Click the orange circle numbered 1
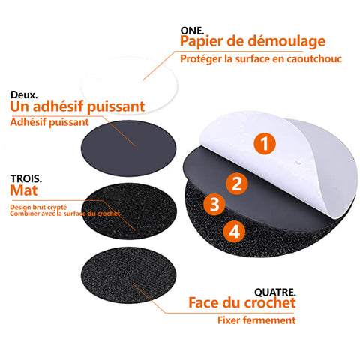pyautogui.click(x=265, y=144)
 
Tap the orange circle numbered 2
pyautogui.click(x=237, y=184)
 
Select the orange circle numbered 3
pyautogui.click(x=214, y=205)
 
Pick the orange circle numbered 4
pyautogui.click(x=234, y=232)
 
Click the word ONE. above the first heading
pyautogui.click(x=192, y=31)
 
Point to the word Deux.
pyautogui.click(x=24, y=95)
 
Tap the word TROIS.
pyautogui.click(x=26, y=179)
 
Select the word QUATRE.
pyautogui.click(x=275, y=292)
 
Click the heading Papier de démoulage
pyautogui.click(x=253, y=41)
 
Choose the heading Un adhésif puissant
pyautogui.click(x=77, y=106)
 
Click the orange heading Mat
pyautogui.click(x=24, y=190)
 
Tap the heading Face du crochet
pyautogui.click(x=242, y=302)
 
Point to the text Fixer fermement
pyautogui.click(x=256, y=320)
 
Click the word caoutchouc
pyautogui.click(x=314, y=59)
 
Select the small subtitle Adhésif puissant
pyautogui.click(x=49, y=122)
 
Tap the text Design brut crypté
pyautogui.click(x=38, y=207)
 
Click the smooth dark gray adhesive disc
pyautogui.click(x=128, y=148)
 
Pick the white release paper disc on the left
pyautogui.click(x=129, y=85)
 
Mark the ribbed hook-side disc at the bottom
pyautogui.click(x=128, y=275)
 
